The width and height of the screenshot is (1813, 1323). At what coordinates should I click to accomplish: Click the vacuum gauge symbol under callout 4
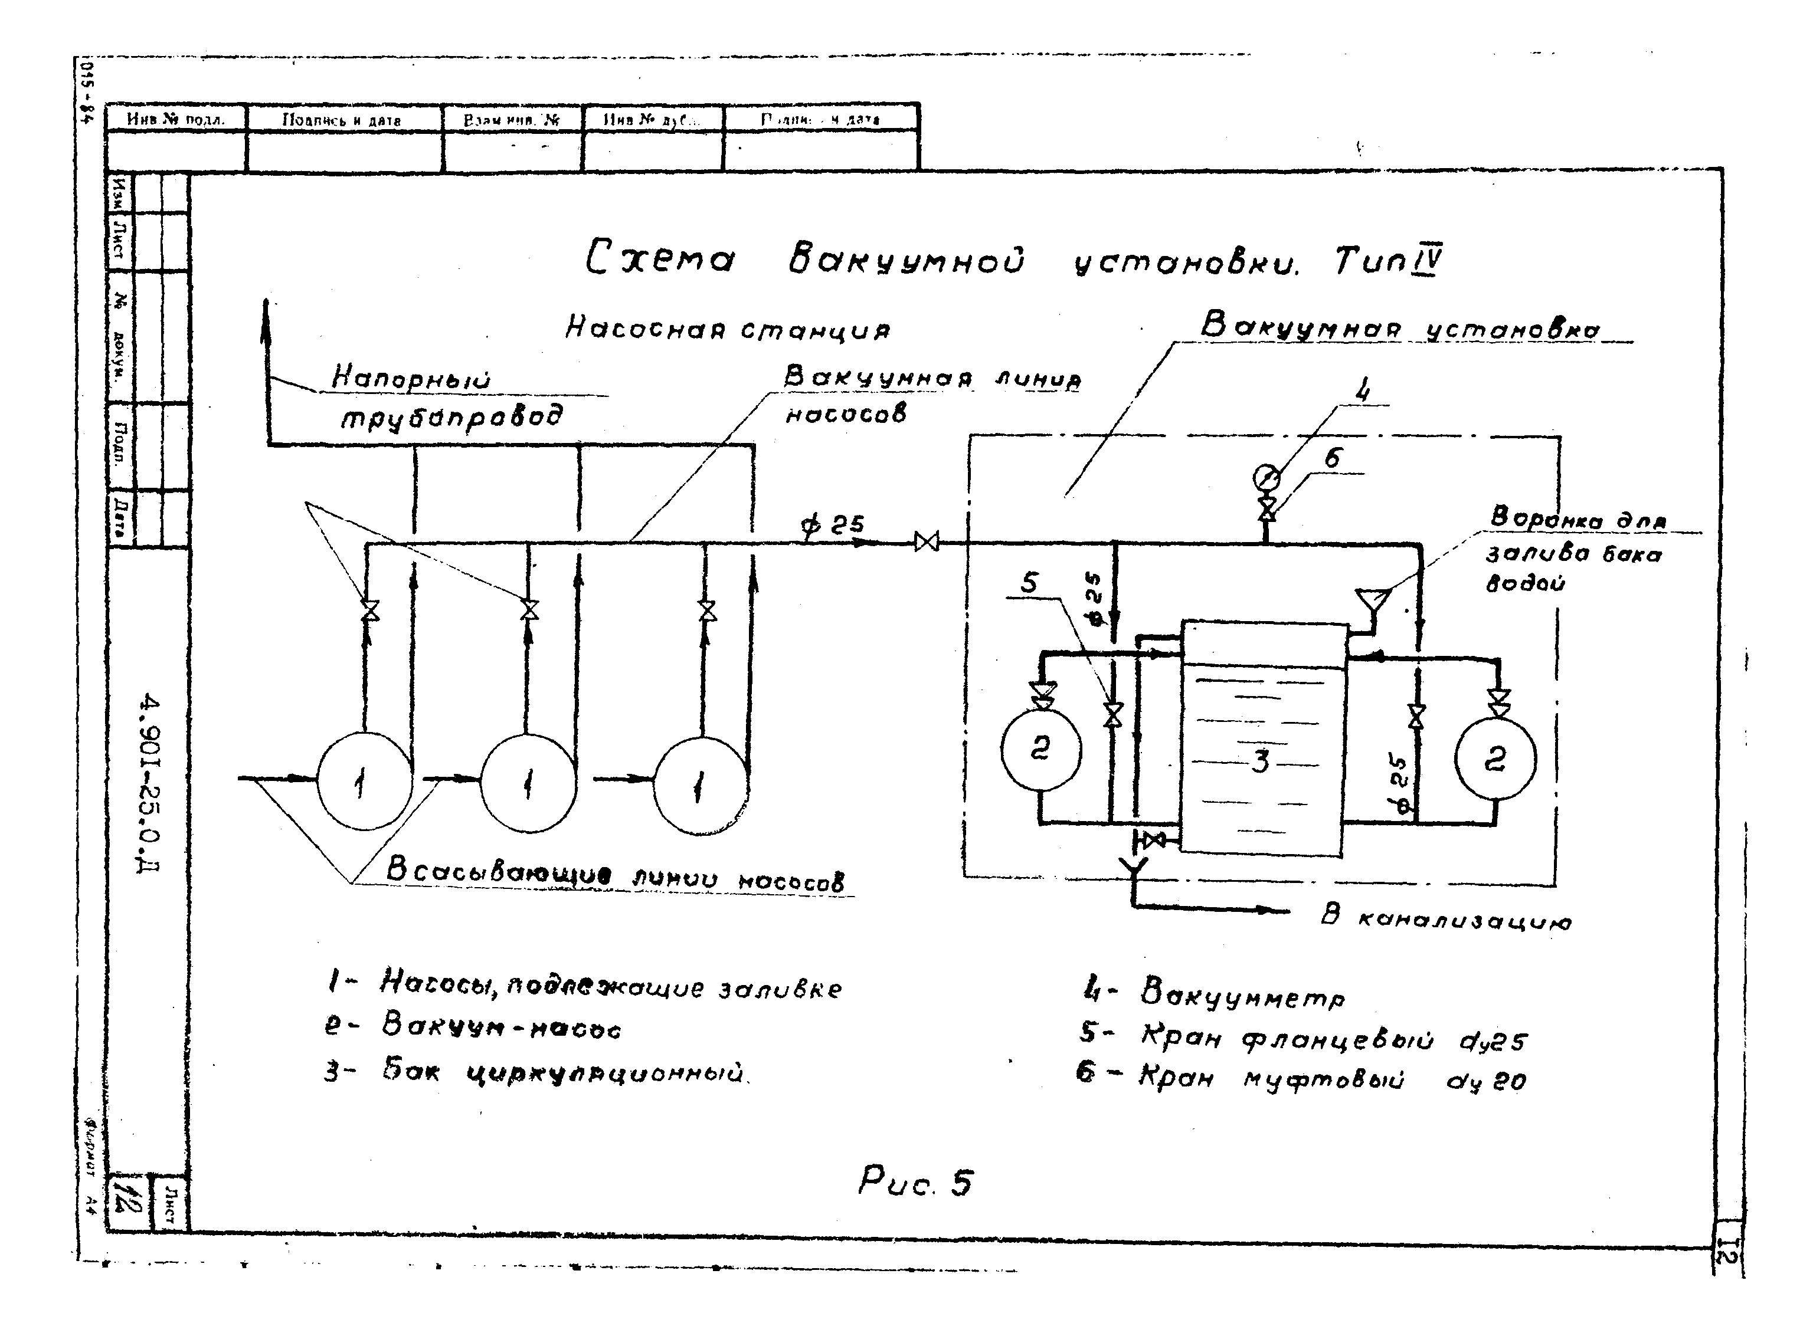tap(1266, 478)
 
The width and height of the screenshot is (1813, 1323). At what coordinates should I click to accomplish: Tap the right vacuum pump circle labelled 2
tap(1495, 759)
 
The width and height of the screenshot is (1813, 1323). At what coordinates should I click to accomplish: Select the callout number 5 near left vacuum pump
tap(1029, 582)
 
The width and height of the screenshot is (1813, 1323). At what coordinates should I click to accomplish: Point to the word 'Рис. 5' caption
tap(916, 1182)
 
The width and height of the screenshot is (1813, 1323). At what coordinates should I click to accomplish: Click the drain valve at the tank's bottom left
tap(1154, 840)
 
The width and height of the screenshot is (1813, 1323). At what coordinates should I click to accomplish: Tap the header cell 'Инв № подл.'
tap(175, 119)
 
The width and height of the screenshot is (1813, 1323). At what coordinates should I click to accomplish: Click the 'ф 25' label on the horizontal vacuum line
tap(834, 524)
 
